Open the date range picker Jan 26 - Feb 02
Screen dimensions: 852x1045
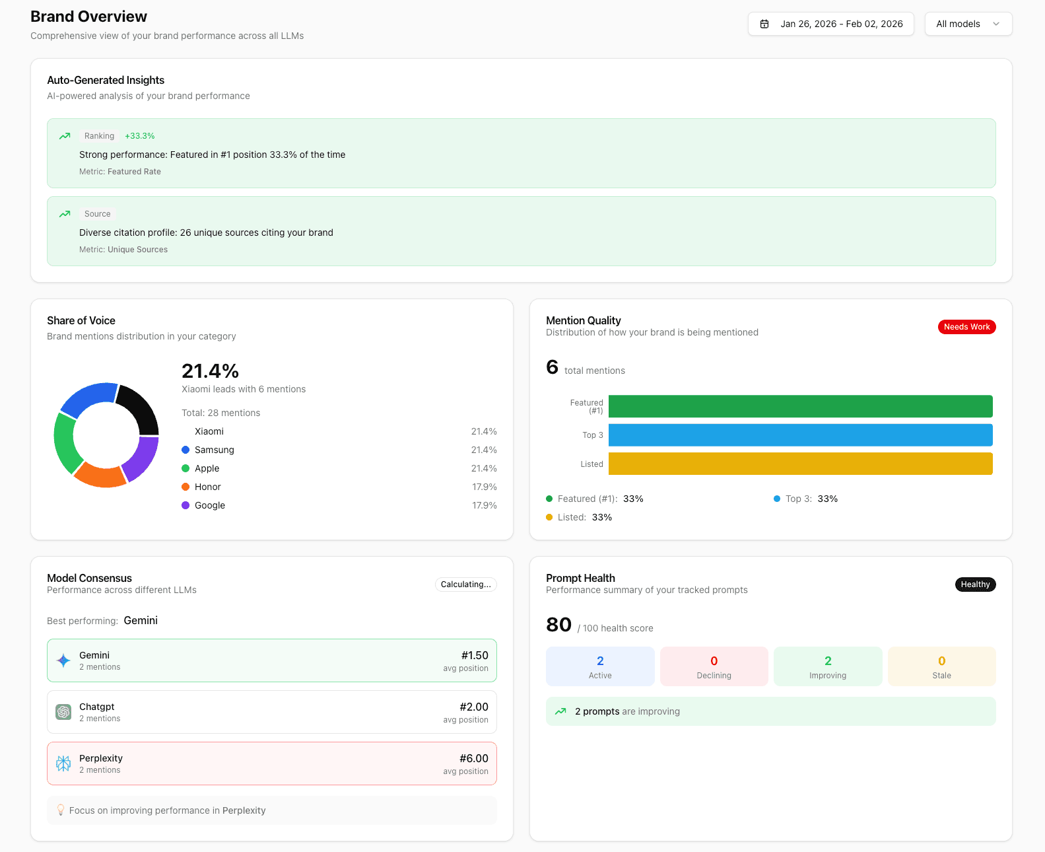(x=830, y=24)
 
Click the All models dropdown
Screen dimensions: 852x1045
(x=968, y=24)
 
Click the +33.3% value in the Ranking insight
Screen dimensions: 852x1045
(x=139, y=136)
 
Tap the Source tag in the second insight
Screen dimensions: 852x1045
(x=98, y=214)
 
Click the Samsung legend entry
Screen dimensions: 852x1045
(x=214, y=450)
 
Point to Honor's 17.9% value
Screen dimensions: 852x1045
(x=484, y=487)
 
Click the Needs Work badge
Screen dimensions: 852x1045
(x=966, y=327)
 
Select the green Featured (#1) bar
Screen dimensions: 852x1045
(x=800, y=406)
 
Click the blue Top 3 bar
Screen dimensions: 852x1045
(x=800, y=435)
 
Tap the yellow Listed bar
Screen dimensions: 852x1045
(x=800, y=464)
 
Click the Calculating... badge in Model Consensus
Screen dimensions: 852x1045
(x=465, y=585)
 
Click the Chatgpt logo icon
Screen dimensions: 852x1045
(x=63, y=712)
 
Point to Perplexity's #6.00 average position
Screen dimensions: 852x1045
(x=473, y=758)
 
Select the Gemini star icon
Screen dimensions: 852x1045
(x=63, y=660)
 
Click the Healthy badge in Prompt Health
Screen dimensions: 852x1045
(x=975, y=585)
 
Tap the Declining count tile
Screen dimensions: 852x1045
(x=714, y=666)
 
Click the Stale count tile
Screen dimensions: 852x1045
(x=941, y=666)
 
